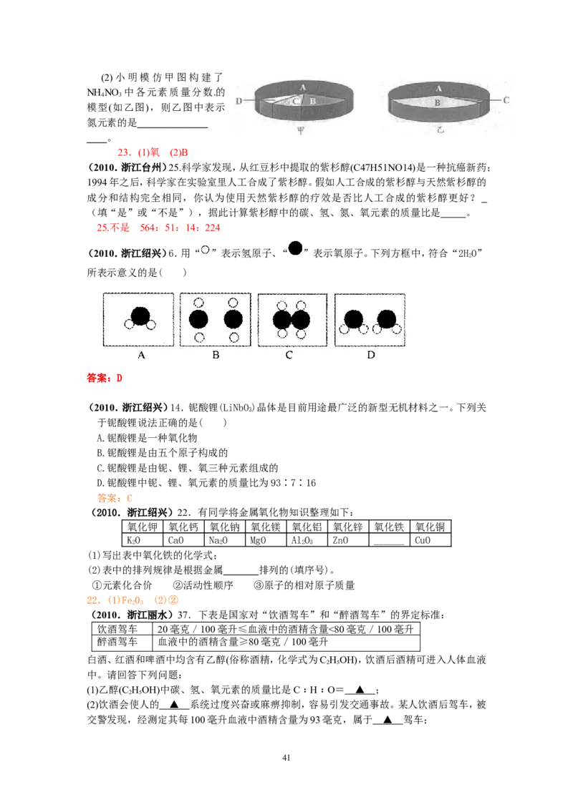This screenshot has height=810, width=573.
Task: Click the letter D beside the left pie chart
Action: pyautogui.click(x=239, y=102)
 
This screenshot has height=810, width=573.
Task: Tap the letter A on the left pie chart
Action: pyautogui.click(x=302, y=87)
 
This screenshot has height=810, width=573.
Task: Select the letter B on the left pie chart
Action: pyautogui.click(x=312, y=102)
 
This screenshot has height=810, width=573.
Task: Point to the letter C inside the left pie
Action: pyautogui.click(x=295, y=102)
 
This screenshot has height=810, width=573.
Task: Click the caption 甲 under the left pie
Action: pyautogui.click(x=300, y=130)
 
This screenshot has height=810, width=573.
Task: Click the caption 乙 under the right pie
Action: pyautogui.click(x=440, y=130)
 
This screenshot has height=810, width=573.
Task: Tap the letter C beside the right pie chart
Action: pyautogui.click(x=506, y=101)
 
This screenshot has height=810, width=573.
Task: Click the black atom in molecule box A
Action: pyautogui.click(x=140, y=316)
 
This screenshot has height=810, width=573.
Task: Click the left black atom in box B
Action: pyautogui.click(x=198, y=319)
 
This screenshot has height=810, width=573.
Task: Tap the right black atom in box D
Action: pyautogui.click(x=387, y=318)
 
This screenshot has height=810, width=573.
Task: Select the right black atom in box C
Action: pyautogui.click(x=301, y=320)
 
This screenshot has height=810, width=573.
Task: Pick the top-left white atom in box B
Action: pyautogui.click(x=200, y=303)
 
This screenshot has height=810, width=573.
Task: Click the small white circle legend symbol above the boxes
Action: pyautogui.click(x=204, y=250)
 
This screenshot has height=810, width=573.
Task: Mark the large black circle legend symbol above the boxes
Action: pyautogui.click(x=295, y=248)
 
